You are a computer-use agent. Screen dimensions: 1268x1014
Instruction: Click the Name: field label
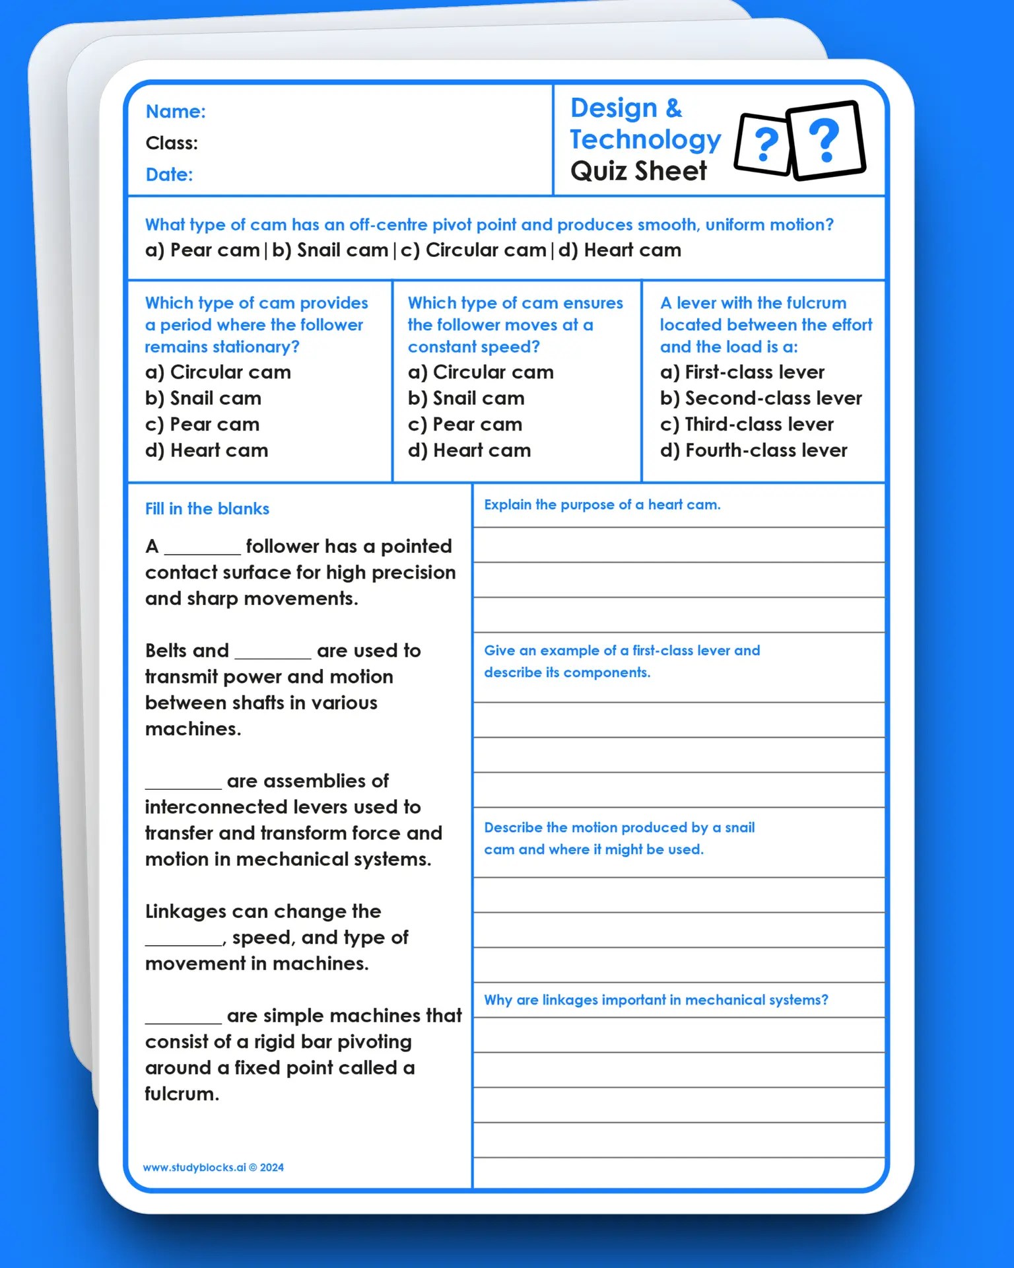[176, 112]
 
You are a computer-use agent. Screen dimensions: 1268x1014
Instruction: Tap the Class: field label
[172, 143]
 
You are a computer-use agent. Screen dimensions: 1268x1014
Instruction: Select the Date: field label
[169, 175]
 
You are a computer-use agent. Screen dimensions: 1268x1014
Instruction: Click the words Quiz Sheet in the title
[638, 172]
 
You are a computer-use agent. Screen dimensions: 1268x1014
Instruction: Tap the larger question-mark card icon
[827, 140]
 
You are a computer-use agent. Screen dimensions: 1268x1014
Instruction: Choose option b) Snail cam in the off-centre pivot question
[330, 250]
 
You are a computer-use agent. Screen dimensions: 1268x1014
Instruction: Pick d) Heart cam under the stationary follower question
[207, 451]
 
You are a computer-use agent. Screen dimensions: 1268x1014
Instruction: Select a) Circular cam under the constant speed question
[481, 372]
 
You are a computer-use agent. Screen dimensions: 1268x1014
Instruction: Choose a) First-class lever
[742, 372]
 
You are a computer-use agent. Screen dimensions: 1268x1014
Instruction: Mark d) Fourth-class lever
[753, 451]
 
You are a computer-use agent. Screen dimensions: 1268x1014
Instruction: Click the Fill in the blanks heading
[207, 509]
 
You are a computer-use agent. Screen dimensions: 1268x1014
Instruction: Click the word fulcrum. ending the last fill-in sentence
[182, 1094]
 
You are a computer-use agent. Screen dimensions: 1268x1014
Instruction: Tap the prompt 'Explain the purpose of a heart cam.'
[602, 505]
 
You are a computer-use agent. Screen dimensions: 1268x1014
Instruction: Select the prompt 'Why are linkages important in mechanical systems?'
[656, 1001]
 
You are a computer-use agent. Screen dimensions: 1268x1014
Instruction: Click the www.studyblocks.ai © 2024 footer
[213, 1168]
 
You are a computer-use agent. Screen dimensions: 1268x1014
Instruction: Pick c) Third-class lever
[747, 425]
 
